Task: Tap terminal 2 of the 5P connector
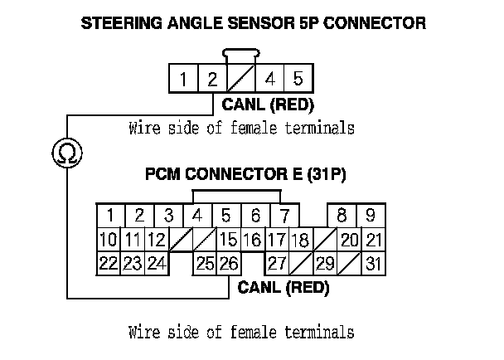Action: pyautogui.click(x=211, y=80)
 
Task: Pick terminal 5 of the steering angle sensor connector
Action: pyautogui.click(x=298, y=80)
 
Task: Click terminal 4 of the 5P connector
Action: pyautogui.click(x=269, y=80)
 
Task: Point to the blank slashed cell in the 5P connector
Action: pyautogui.click(x=240, y=80)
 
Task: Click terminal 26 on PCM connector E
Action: pyautogui.click(x=229, y=265)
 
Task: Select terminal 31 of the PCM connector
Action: pyautogui.click(x=373, y=265)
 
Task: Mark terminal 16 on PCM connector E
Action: pyautogui.click(x=252, y=241)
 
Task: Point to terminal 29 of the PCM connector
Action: pyautogui.click(x=325, y=265)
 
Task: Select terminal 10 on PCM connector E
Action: pyautogui.click(x=108, y=241)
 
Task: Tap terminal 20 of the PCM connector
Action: pyautogui.click(x=349, y=241)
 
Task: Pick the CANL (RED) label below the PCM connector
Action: pyautogui.click(x=283, y=289)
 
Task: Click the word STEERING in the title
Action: pyautogui.click(x=118, y=23)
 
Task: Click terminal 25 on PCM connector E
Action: pyautogui.click(x=204, y=265)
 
